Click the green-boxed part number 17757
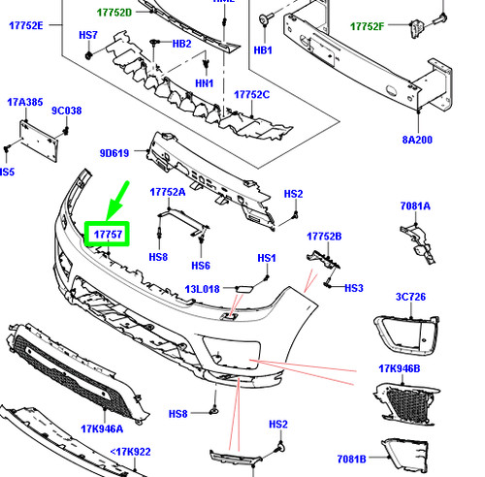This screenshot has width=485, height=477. click(x=108, y=234)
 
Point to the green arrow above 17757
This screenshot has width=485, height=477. click(x=117, y=202)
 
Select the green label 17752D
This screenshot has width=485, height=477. click(x=114, y=13)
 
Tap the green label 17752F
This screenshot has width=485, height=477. click(x=368, y=26)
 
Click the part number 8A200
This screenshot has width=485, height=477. click(x=417, y=140)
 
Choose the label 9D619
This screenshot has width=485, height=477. click(x=114, y=153)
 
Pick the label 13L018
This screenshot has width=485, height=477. click(x=202, y=289)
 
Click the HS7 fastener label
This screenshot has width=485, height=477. click(x=88, y=35)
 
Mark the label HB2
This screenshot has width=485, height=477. click(x=181, y=44)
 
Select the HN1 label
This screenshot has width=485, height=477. click(x=205, y=83)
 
